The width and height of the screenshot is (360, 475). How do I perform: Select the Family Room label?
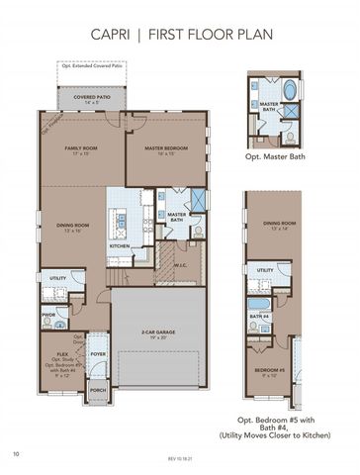coord(81,149)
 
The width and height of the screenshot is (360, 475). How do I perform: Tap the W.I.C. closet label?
coord(181,263)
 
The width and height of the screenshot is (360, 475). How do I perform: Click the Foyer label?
coord(98,353)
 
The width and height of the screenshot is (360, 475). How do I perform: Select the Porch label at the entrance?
coord(98,390)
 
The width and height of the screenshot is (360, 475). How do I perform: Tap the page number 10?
coord(17,454)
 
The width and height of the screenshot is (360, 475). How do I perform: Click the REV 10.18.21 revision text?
coord(179,460)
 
